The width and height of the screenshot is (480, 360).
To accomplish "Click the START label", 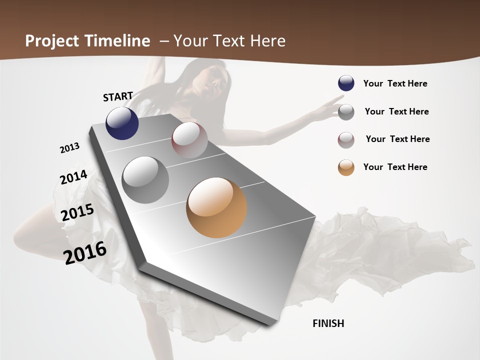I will pyautogui.click(x=118, y=96).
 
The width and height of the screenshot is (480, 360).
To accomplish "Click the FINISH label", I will pyautogui.click(x=328, y=323).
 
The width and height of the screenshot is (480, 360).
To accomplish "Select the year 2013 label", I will pyautogui.click(x=70, y=148).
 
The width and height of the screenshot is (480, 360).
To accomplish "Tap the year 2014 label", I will pyautogui.click(x=73, y=177).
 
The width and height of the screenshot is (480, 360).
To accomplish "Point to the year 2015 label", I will pyautogui.click(x=77, y=212).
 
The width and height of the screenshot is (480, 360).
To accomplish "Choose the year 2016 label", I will pyautogui.click(x=85, y=252).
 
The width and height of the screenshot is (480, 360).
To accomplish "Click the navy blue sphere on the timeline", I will pyautogui.click(x=122, y=123).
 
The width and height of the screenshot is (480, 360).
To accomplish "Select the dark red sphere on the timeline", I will pyautogui.click(x=189, y=140).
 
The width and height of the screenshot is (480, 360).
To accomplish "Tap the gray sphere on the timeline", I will pyautogui.click(x=145, y=179).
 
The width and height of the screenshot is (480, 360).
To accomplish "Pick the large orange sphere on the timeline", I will pyautogui.click(x=216, y=207).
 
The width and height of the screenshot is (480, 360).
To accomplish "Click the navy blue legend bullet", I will pyautogui.click(x=346, y=83).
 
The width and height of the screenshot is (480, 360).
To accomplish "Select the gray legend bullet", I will pyautogui.click(x=346, y=112).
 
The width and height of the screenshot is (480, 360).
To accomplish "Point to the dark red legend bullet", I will pyautogui.click(x=346, y=140).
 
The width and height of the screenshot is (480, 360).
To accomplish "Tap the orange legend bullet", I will pyautogui.click(x=346, y=167).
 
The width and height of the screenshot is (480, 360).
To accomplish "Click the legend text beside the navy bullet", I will pyautogui.click(x=395, y=83).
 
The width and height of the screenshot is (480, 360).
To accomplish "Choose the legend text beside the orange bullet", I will pyautogui.click(x=395, y=167).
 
